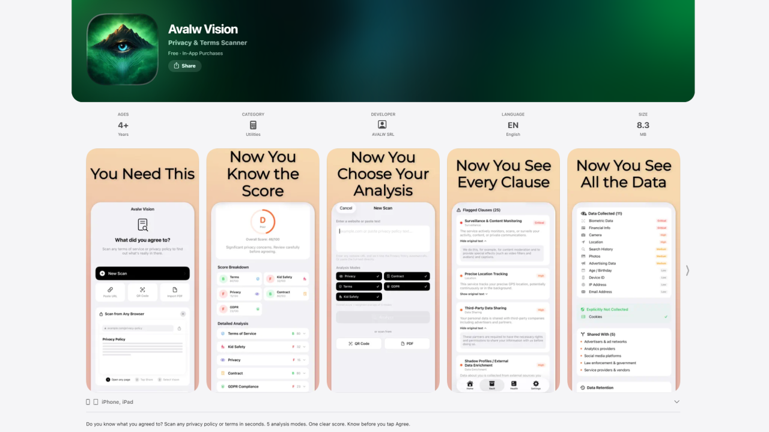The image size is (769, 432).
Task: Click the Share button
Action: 184,66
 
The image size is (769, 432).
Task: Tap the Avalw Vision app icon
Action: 123,49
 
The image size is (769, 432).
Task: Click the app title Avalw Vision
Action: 203,29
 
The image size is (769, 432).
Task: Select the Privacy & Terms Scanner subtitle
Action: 207,43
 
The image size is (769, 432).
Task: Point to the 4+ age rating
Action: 123,125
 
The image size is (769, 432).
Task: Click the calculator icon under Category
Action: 253,125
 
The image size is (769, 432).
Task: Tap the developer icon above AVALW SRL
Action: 382,124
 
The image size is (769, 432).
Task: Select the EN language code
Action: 512,125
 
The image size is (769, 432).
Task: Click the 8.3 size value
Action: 643,125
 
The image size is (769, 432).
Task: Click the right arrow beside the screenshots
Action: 687,270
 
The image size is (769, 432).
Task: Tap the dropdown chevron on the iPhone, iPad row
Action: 676,402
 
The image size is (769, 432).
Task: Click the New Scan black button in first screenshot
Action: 142,273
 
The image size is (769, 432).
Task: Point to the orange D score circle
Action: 263,221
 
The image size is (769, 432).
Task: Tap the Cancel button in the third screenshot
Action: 346,208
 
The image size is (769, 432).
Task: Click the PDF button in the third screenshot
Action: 407,344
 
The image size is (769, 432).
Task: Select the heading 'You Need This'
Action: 142,174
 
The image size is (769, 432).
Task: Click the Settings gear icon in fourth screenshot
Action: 535,384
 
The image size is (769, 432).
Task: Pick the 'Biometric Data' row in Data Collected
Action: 601,221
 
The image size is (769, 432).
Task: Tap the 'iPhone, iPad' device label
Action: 117,402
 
